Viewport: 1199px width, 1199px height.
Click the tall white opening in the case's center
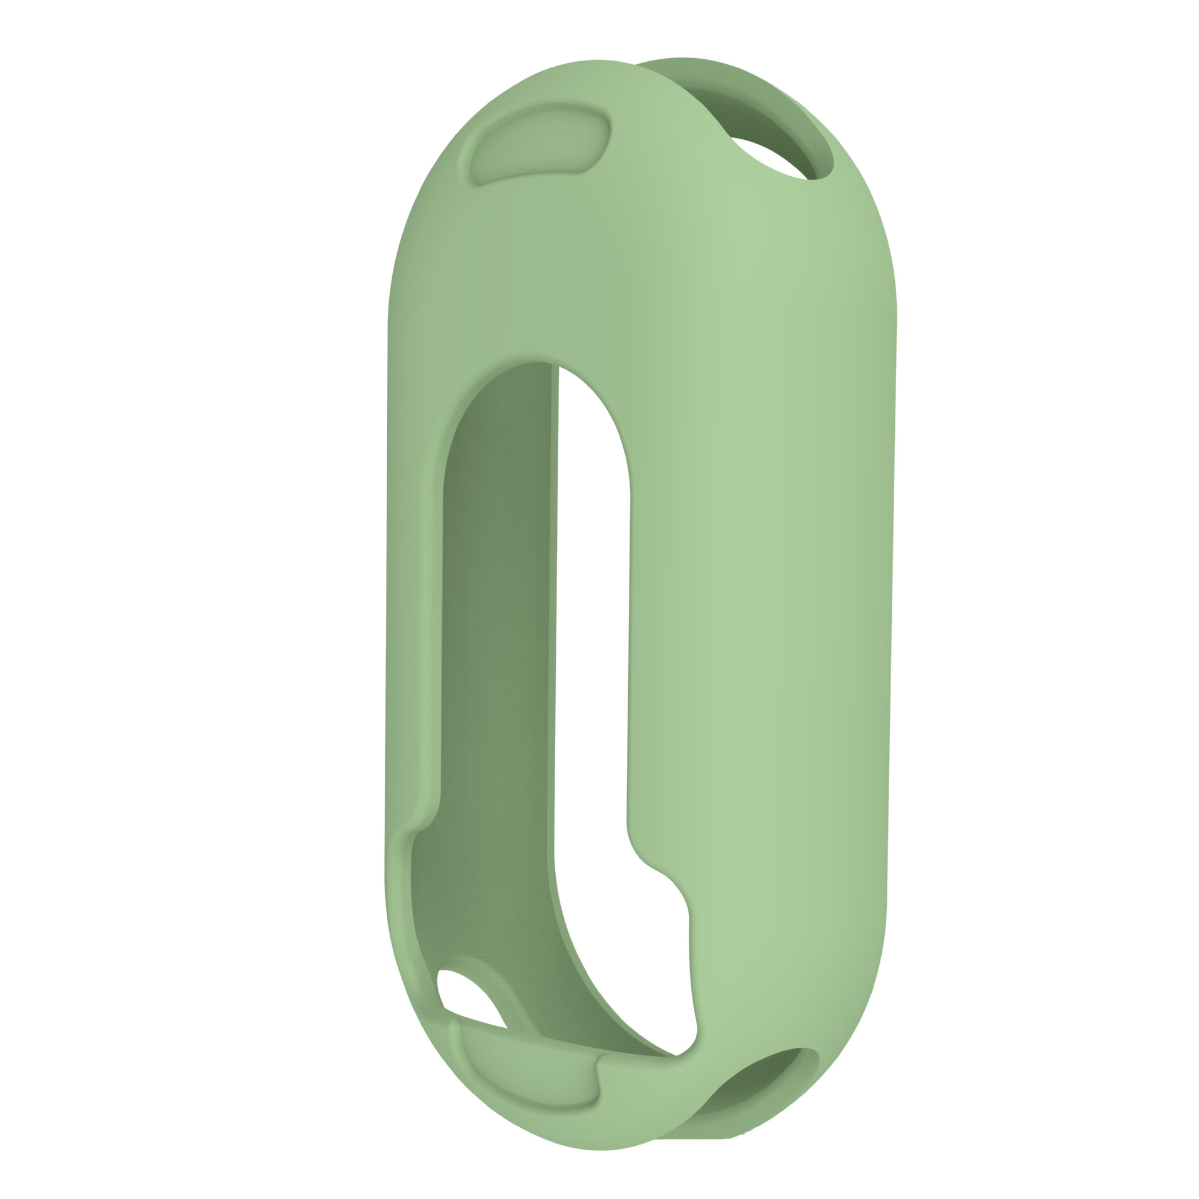[x=590, y=624]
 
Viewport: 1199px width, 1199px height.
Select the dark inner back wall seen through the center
[x=496, y=624]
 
